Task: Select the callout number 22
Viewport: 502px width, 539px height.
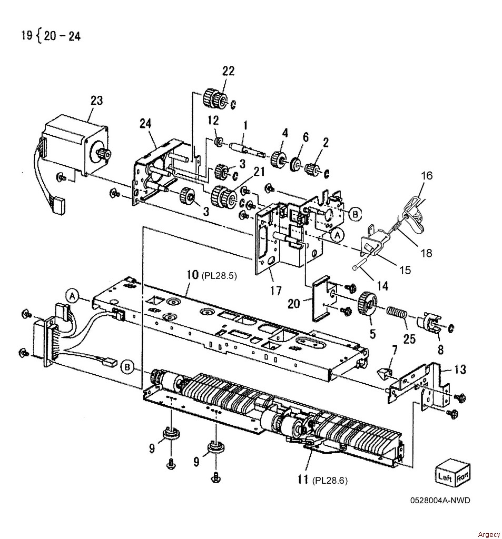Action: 228,71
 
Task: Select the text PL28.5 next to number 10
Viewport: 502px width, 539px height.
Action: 219,276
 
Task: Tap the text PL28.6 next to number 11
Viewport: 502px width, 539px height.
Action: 330,480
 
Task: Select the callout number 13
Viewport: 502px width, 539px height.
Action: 460,369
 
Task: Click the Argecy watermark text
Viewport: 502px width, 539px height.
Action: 489,534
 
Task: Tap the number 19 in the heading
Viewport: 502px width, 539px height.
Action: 26,35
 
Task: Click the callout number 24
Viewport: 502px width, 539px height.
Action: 145,123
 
